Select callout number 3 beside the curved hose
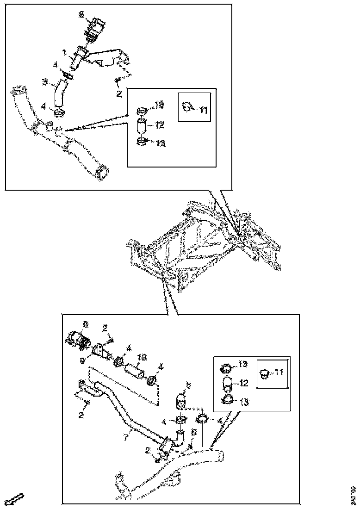click(45, 82)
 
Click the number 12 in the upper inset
click(160, 124)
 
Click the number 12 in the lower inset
click(243, 384)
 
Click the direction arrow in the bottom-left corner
click(15, 499)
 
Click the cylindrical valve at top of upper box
click(96, 31)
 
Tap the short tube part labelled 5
click(181, 399)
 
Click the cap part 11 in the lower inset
click(265, 373)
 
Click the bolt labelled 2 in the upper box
click(118, 81)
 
